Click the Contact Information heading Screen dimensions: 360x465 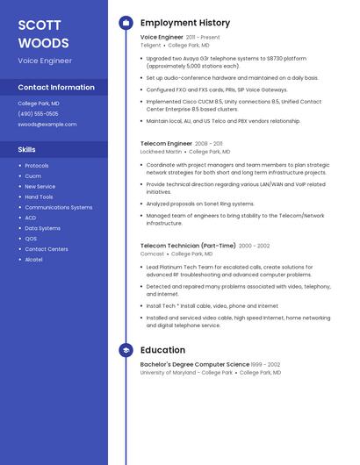tap(56, 88)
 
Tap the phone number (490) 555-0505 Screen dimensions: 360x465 tap(38, 114)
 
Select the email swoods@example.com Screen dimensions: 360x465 tap(47, 125)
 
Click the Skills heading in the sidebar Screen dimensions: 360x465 tap(27, 150)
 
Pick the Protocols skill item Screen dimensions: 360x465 tap(37, 166)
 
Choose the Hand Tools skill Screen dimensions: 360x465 tap(39, 197)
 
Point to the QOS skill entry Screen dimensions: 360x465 tap(31, 239)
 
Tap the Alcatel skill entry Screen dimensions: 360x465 tap(33, 260)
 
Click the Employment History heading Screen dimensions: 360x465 tap(185, 23)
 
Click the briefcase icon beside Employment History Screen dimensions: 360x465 tap(126, 23)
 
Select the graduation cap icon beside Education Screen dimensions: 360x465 tap(126, 351)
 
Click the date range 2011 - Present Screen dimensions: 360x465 tap(203, 38)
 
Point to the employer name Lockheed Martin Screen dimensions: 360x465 tap(161, 151)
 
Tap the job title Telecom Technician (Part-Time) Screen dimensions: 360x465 tap(188, 246)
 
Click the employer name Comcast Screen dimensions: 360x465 tap(152, 254)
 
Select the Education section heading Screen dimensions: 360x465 tap(162, 351)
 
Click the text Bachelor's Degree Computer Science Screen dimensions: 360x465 tap(194, 364)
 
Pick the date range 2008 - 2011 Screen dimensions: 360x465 tap(209, 143)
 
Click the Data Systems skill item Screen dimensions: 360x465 tap(42, 228)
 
